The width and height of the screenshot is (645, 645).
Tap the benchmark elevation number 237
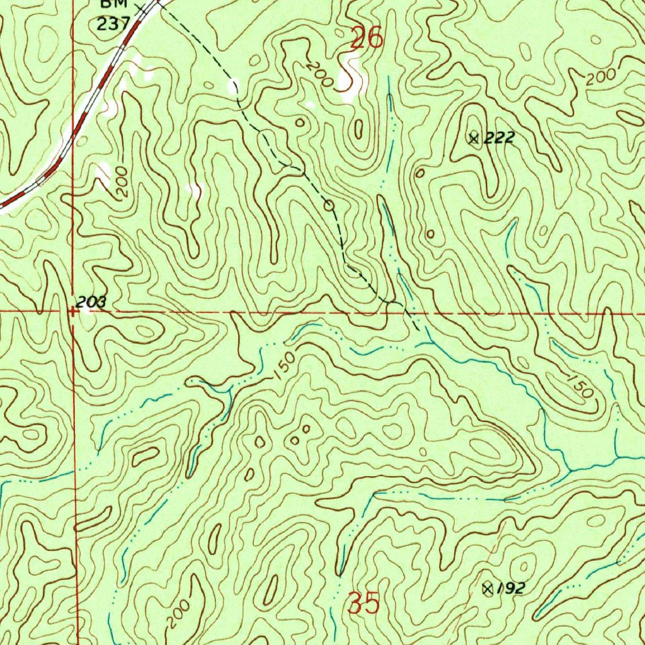click(x=113, y=23)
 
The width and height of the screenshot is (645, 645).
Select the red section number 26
click(x=367, y=39)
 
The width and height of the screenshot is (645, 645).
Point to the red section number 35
click(x=364, y=605)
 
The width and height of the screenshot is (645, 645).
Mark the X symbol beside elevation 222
click(x=474, y=138)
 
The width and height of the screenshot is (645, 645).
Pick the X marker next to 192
click(x=487, y=588)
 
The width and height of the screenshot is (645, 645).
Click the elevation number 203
click(x=91, y=303)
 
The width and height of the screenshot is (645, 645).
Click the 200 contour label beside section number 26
click(x=319, y=75)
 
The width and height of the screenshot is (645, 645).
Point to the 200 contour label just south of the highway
click(x=122, y=182)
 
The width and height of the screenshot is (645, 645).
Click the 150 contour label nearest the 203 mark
click(x=285, y=366)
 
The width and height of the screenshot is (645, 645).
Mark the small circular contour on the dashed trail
click(x=328, y=205)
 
